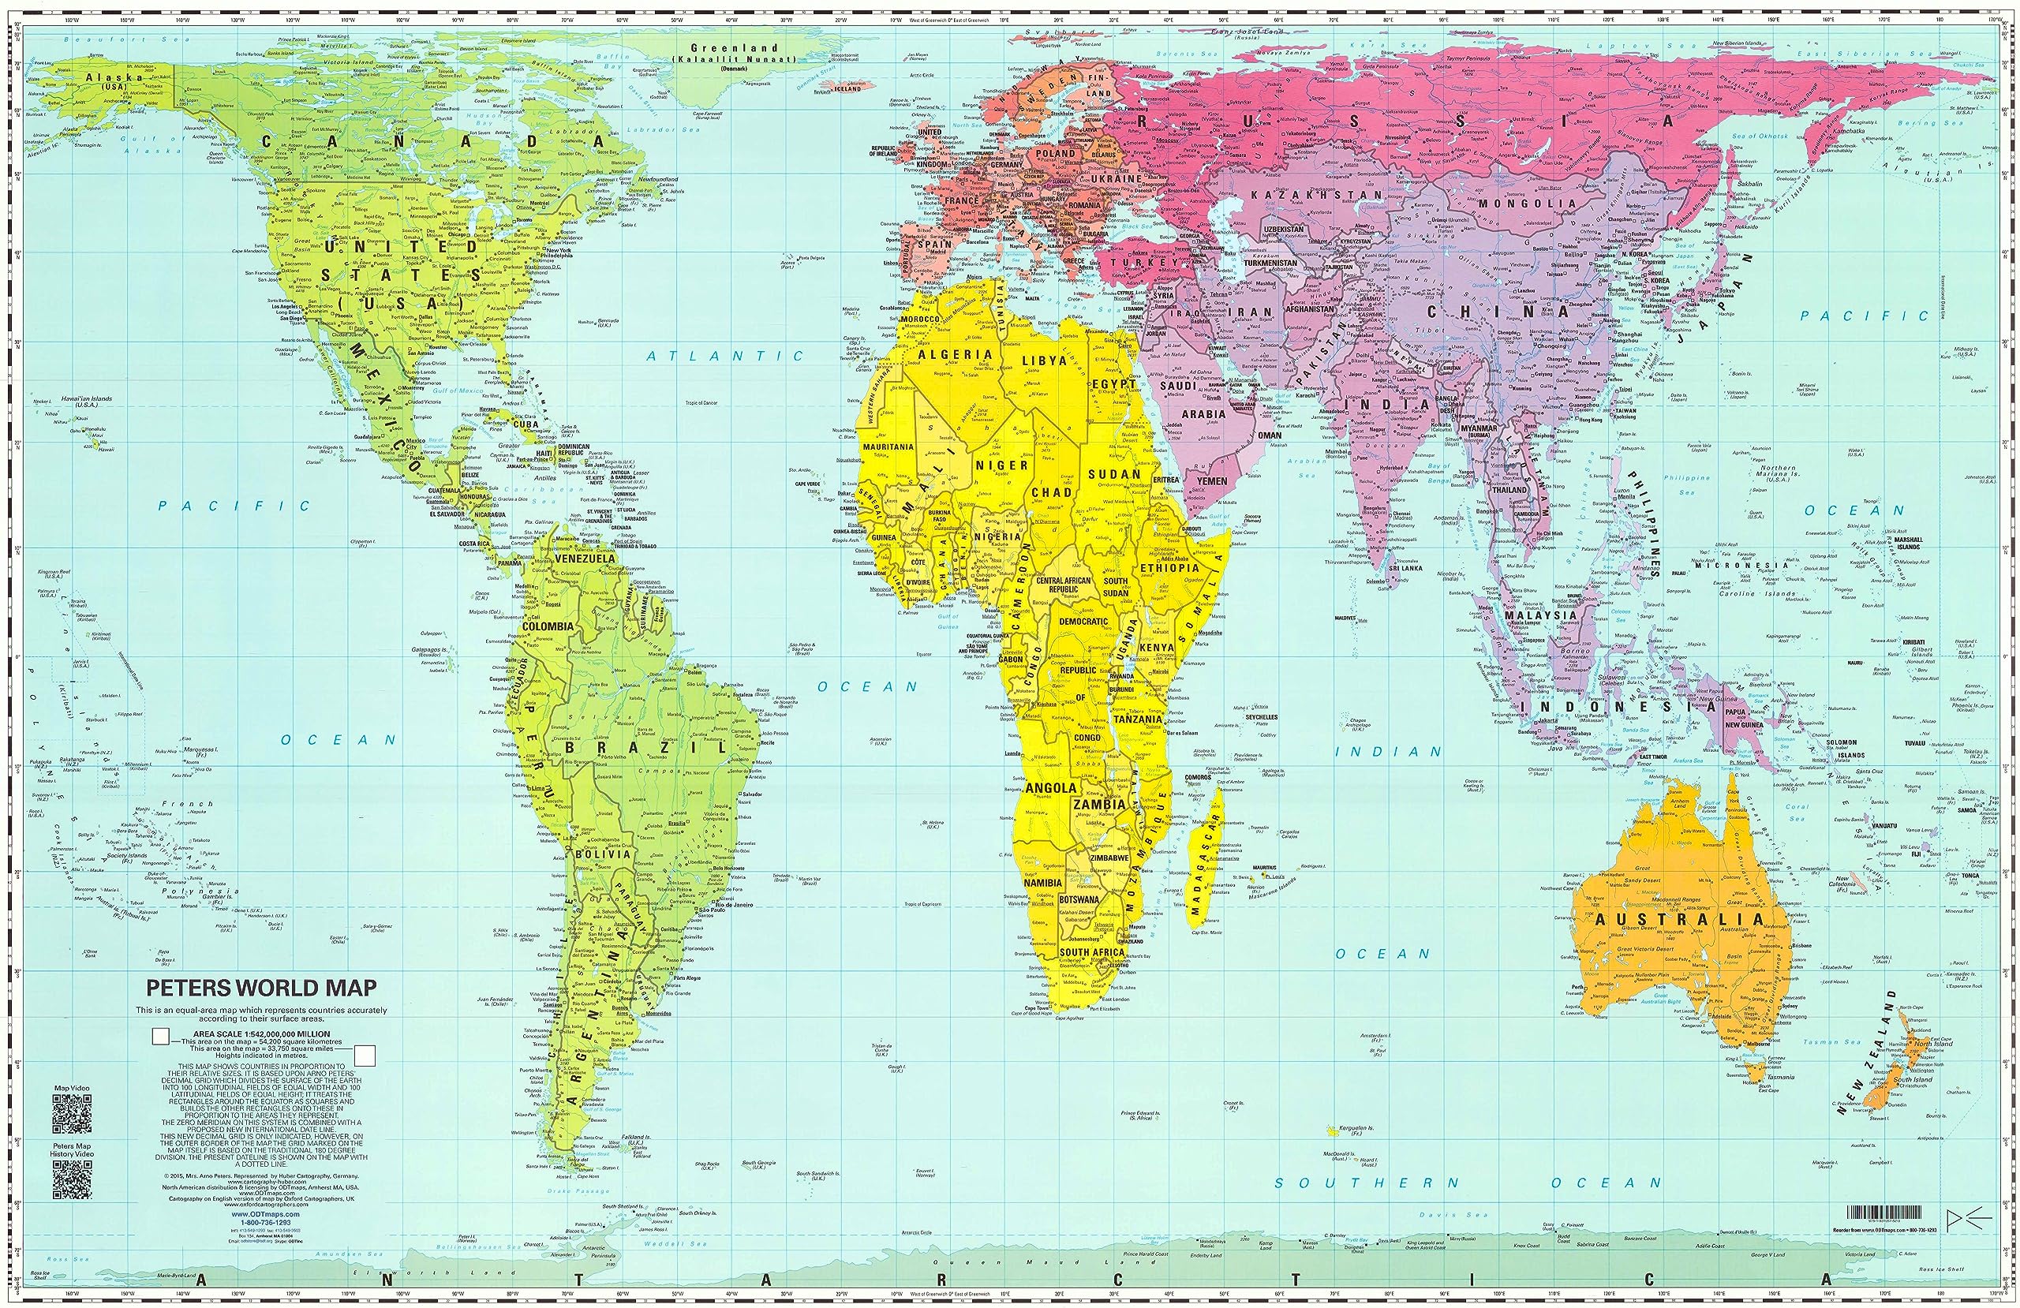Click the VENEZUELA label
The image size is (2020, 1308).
tap(584, 559)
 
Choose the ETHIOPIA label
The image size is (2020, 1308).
tap(1169, 568)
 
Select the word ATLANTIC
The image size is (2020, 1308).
tap(725, 357)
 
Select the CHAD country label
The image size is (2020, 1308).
tap(1051, 493)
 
